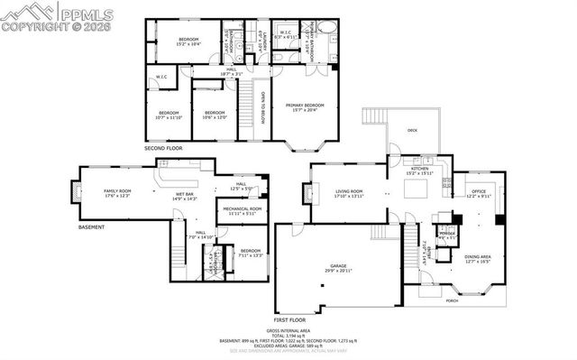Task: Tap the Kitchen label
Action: click(x=421, y=169)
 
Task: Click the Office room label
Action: click(x=480, y=190)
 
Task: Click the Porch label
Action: click(x=451, y=300)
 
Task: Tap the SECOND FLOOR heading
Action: click(x=163, y=147)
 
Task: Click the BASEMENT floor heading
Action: click(x=91, y=226)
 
